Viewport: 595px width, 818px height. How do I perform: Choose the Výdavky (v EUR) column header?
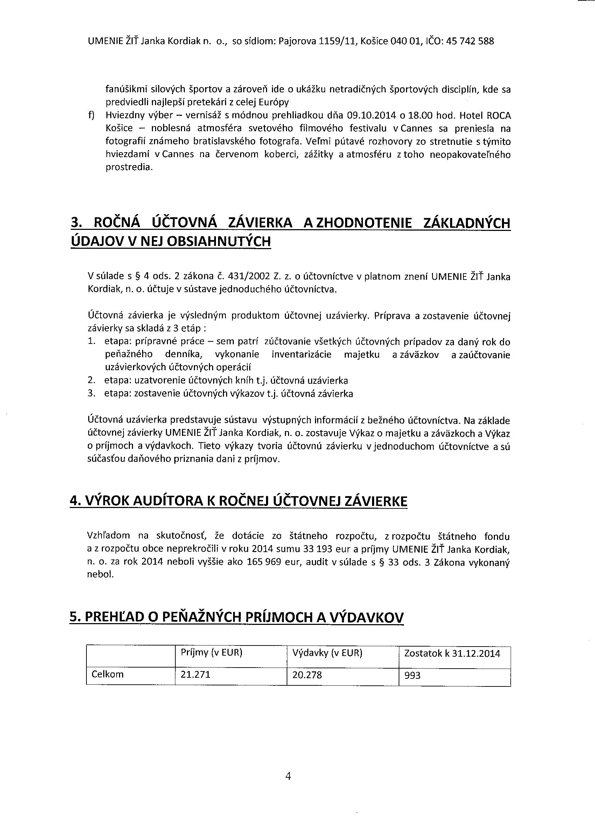pos(327,653)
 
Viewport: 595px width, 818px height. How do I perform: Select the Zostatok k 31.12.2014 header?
pos(452,653)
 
